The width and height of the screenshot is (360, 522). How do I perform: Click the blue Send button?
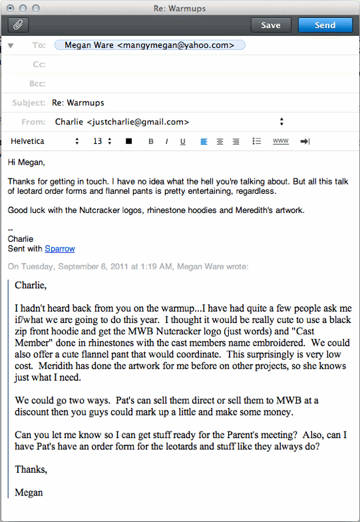tap(325, 25)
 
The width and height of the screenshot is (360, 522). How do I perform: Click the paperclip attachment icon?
tap(18, 25)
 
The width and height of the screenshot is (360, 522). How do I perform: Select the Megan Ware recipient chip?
tap(150, 45)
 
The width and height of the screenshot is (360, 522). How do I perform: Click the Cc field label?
tap(39, 65)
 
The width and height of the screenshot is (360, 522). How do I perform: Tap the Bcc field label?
tap(37, 84)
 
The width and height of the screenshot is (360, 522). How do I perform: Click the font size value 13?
tap(97, 141)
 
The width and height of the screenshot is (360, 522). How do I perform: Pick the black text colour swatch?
tap(128, 141)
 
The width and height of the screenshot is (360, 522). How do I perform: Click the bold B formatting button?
tap(151, 141)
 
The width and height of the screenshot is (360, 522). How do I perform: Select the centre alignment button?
tap(220, 141)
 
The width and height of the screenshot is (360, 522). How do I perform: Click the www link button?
tap(281, 141)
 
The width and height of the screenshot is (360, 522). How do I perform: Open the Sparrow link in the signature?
tap(60, 248)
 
